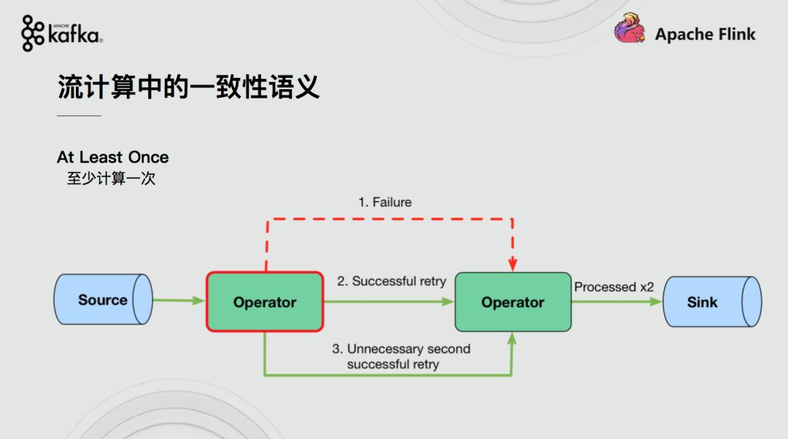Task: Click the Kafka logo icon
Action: pos(33,33)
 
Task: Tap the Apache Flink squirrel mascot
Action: pos(629,28)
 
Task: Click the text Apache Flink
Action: pos(705,34)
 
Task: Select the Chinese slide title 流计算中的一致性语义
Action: pos(188,87)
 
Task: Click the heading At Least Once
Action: pos(112,158)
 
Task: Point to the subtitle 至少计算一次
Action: pos(111,179)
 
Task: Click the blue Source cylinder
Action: pos(103,300)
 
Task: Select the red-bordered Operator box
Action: pos(265,301)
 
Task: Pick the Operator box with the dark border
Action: pos(513,302)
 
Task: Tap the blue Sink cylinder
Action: pos(712,301)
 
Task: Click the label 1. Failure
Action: pos(385,202)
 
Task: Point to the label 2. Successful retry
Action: pos(392,281)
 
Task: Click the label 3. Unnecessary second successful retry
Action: pos(401,356)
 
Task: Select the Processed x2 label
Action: pos(614,287)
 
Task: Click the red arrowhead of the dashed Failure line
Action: pos(513,264)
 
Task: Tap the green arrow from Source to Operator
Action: pos(179,300)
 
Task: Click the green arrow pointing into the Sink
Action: pos(617,301)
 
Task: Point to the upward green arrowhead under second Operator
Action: pos(511,338)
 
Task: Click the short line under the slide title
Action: pos(79,115)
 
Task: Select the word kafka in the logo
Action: pos(74,35)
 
